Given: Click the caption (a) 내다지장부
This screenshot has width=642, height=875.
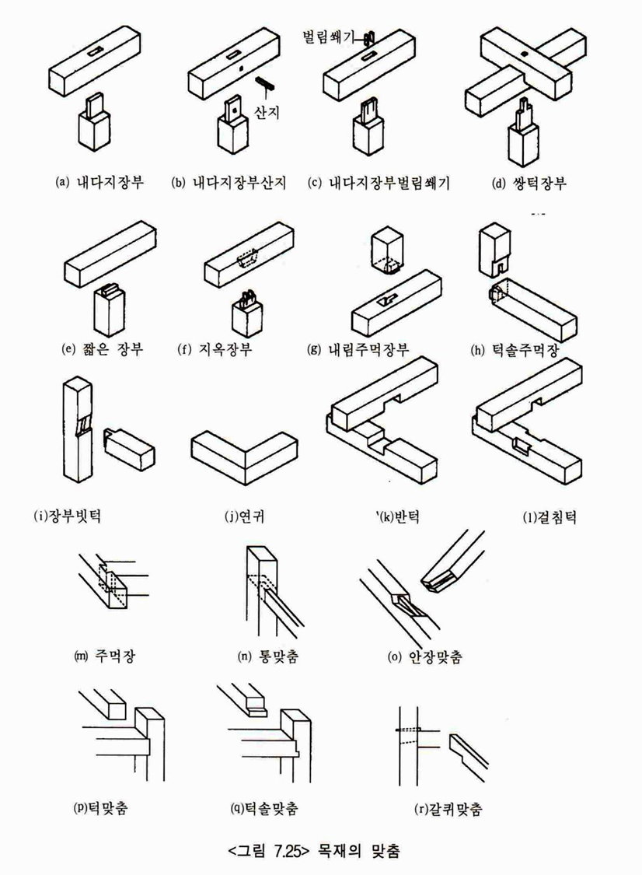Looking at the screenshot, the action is pyautogui.click(x=99, y=183).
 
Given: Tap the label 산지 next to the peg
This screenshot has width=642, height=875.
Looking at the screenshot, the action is pyautogui.click(x=267, y=113).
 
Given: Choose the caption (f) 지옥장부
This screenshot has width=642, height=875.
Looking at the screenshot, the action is pyautogui.click(x=215, y=349).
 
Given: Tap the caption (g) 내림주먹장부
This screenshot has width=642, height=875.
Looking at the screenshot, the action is pyautogui.click(x=358, y=349).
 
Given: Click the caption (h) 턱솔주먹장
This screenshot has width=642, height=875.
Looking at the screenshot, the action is pyautogui.click(x=515, y=350).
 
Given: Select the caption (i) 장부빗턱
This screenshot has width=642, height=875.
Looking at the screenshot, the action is pyautogui.click(x=67, y=515).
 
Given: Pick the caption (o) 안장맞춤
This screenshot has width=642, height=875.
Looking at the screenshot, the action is pyautogui.click(x=425, y=656).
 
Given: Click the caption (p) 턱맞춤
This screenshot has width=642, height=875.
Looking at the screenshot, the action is pyautogui.click(x=101, y=807).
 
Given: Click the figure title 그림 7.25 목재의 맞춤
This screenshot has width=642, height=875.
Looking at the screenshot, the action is pyautogui.click(x=314, y=850).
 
